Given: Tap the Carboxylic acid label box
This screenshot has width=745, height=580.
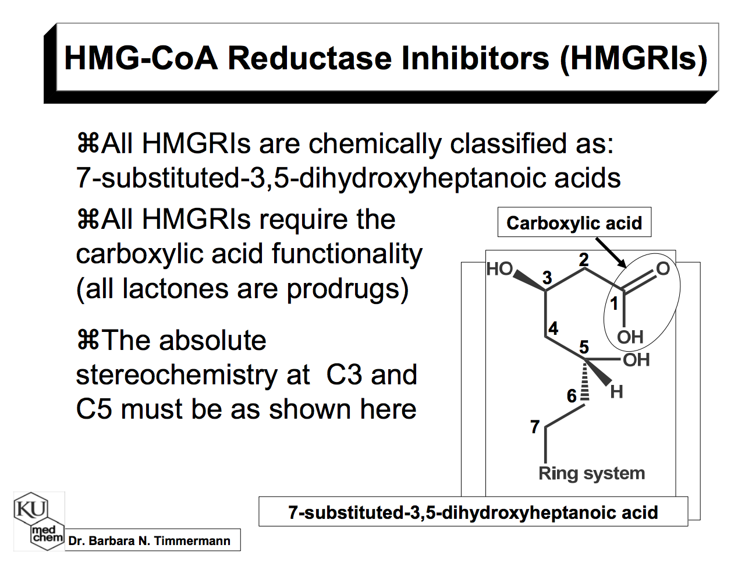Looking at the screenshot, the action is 574,222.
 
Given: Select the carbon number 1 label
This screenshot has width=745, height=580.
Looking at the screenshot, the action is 613,303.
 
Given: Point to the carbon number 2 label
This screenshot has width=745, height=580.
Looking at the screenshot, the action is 584,260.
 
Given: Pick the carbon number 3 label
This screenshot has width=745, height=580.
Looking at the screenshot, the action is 547,277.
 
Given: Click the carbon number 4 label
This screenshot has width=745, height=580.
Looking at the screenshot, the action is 553,328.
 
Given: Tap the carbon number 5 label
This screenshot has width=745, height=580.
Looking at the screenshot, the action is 584,347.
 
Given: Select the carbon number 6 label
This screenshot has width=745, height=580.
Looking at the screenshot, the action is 572,396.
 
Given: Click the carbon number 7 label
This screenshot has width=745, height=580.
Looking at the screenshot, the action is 535,427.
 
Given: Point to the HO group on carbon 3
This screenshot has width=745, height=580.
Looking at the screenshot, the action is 499,269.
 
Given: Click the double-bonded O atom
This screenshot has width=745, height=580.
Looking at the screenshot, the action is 663,268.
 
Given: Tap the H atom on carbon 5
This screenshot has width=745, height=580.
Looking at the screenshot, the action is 617,392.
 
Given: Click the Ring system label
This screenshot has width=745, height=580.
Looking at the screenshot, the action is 591,473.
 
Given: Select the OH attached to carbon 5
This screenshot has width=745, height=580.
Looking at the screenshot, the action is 636,360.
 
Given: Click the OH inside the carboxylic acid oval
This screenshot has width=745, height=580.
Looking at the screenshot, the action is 630,337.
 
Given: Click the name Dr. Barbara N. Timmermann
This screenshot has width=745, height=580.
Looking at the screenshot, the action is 149,541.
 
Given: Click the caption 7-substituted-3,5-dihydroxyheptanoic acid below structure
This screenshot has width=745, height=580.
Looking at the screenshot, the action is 473,512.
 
